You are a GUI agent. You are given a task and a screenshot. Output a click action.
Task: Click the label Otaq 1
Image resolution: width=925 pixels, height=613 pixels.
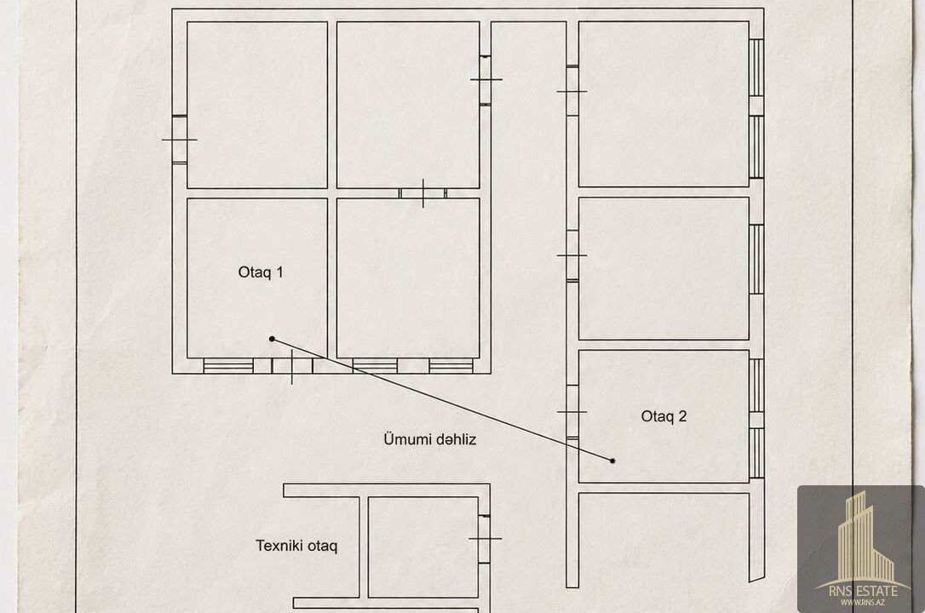pyautogui.click(x=260, y=272)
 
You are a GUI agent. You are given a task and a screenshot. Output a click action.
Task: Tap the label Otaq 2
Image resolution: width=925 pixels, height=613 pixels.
pyautogui.click(x=664, y=416)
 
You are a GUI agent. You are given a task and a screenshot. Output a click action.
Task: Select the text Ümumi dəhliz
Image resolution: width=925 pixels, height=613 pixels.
pyautogui.click(x=429, y=439)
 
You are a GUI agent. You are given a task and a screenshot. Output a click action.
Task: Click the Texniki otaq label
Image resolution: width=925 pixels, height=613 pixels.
pyautogui.click(x=296, y=546)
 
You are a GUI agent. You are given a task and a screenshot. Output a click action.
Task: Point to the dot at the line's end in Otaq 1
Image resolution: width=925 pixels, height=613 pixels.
pyautogui.click(x=272, y=339)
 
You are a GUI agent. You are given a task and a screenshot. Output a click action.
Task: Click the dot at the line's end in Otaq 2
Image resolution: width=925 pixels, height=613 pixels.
pyautogui.click(x=612, y=461)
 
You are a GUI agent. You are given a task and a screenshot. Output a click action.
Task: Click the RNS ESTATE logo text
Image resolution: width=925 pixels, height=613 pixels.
pyautogui.click(x=863, y=591)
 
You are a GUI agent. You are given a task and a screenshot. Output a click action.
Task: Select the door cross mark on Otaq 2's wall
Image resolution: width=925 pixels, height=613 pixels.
pyautogui.click(x=572, y=412)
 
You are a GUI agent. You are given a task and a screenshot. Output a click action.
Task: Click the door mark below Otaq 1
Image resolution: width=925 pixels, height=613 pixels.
pyautogui.click(x=292, y=367)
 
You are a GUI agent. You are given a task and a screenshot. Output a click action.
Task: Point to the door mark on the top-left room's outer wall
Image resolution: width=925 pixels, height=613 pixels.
pyautogui.click(x=180, y=140)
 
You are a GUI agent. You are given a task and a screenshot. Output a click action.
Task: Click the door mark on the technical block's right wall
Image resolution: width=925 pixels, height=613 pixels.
pyautogui.click(x=485, y=539)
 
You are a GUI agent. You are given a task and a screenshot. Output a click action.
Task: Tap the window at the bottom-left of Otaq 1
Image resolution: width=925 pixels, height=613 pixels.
pyautogui.click(x=228, y=366)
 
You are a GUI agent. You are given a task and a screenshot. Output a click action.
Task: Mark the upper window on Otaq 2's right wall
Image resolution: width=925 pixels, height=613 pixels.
pyautogui.click(x=756, y=386)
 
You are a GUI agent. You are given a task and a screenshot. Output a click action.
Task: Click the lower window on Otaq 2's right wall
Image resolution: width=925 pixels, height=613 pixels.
pyautogui.click(x=756, y=453)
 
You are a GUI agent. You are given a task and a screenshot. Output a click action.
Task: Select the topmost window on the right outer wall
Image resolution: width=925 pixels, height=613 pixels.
pyautogui.click(x=756, y=67)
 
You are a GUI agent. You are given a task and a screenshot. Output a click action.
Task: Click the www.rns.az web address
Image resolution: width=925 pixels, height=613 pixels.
pyautogui.click(x=863, y=603)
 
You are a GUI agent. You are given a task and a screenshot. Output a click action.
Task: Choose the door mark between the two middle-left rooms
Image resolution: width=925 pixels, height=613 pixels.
pyautogui.click(x=423, y=193)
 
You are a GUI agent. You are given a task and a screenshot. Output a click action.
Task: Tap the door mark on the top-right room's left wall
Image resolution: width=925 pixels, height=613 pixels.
pyautogui.click(x=572, y=91)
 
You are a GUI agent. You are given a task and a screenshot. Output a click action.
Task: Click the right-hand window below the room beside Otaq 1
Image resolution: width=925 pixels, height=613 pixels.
pyautogui.click(x=451, y=366)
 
